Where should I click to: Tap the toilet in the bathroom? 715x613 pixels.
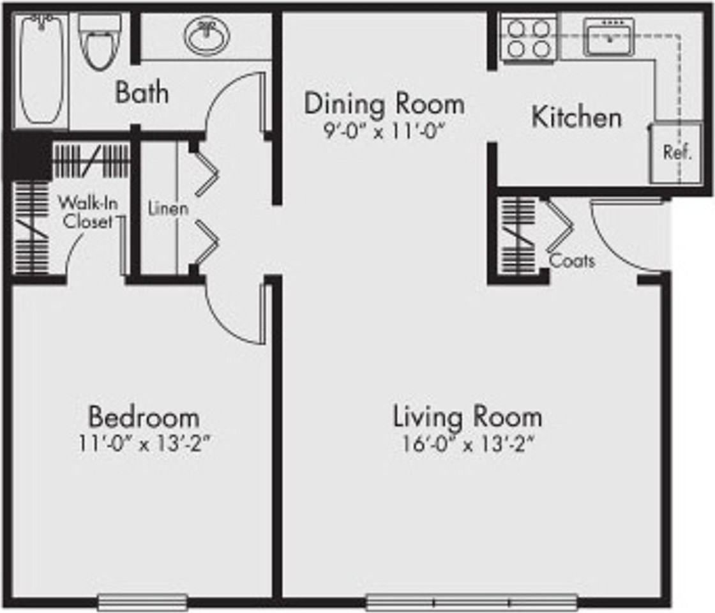point(99,45)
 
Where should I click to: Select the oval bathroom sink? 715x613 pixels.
point(207,37)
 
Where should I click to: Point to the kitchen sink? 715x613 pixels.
point(608,37)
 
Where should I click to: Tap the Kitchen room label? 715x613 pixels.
point(576,117)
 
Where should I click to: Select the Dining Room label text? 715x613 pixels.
point(384,103)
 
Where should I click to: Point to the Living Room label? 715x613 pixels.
point(467,417)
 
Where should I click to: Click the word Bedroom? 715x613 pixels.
point(144,418)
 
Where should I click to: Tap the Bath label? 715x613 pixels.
point(142,93)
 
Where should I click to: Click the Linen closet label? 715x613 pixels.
point(168,208)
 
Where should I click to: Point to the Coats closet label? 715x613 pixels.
point(572,261)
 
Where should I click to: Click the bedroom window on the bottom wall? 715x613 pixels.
point(142,602)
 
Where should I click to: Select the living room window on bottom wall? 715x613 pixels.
point(472,602)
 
